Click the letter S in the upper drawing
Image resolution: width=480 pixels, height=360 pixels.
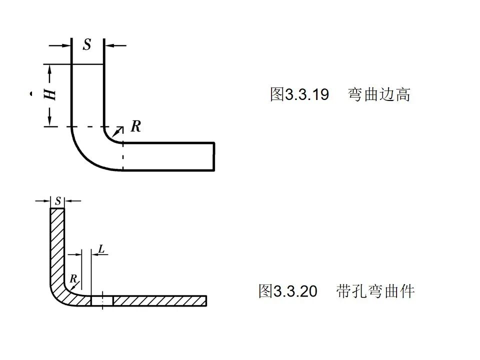tap(87, 45)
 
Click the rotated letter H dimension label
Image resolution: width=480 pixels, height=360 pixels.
tap(50, 94)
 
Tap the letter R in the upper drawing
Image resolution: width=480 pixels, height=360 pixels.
tap(135, 126)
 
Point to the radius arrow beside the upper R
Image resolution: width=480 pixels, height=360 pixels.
tap(117, 131)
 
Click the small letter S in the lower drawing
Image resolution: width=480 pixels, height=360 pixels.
tap(58, 201)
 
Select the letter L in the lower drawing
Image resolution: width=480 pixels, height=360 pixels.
tap(101, 248)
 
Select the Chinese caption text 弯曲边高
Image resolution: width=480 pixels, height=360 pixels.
tap(379, 94)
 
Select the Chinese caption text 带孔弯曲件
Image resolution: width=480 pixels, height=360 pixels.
tap(375, 291)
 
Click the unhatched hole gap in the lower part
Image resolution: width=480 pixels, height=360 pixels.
tap(102, 301)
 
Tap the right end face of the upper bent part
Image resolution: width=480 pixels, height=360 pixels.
tap(214, 156)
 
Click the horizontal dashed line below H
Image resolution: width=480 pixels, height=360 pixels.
tap(88, 126)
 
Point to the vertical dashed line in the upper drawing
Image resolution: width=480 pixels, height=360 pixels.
tap(123, 156)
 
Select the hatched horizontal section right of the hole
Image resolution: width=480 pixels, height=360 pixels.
tap(160, 301)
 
